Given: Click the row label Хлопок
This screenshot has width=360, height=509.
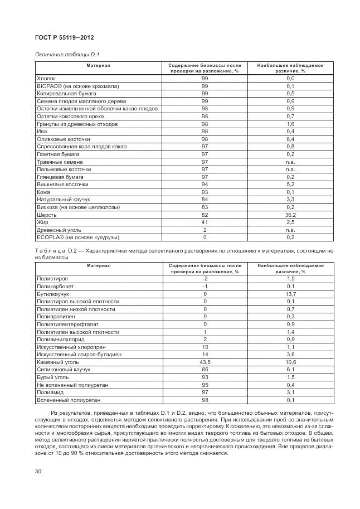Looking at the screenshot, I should (x=46, y=79).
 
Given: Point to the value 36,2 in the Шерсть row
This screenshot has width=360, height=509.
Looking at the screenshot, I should (x=290, y=215).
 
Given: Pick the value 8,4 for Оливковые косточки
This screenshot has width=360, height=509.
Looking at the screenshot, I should (x=290, y=139).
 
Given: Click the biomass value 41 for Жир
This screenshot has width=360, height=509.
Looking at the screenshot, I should (x=205, y=222).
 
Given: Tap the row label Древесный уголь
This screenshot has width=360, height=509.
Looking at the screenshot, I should (x=58, y=229).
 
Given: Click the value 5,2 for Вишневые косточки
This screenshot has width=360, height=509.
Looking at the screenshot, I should (x=290, y=184).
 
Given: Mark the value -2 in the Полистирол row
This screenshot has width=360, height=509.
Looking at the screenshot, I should (x=205, y=278).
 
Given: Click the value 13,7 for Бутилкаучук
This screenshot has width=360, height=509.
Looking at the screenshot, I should (x=290, y=293).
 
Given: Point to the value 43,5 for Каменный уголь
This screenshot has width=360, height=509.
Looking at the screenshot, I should (x=205, y=361).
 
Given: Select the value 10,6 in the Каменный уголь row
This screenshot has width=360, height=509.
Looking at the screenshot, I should (x=290, y=361).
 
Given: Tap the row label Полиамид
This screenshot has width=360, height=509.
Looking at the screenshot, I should (x=51, y=392).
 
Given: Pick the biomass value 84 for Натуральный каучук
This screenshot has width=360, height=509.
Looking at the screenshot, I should (x=205, y=199).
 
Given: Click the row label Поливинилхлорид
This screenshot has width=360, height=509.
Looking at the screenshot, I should (x=61, y=339).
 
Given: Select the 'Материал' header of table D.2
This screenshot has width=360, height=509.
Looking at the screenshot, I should (x=98, y=266).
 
